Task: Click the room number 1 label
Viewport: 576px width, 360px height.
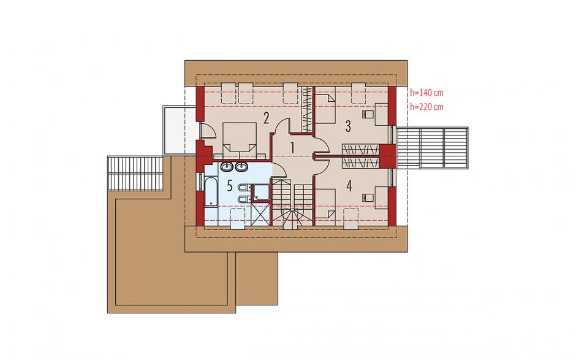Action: pos(292,148)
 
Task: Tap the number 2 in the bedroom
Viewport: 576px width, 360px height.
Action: pos(267,118)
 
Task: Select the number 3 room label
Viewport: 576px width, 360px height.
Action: pos(348,126)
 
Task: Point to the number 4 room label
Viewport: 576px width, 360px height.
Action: pos(349,186)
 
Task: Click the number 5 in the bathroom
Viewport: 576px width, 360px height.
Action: pos(230,186)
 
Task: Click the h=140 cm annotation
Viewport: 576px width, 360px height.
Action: pos(426,93)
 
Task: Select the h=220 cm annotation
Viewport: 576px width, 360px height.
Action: pos(426,107)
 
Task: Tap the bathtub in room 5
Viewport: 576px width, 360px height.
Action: pos(211,193)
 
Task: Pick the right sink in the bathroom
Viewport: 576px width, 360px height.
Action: pos(241,167)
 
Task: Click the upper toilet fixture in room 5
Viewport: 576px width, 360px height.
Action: pos(243,188)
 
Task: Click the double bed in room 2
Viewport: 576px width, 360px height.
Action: pos(240,138)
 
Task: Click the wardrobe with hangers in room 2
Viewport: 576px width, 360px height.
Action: pos(307,109)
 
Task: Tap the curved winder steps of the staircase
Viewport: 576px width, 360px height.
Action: pos(292,218)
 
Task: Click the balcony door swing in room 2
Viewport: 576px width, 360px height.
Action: pos(207,131)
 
